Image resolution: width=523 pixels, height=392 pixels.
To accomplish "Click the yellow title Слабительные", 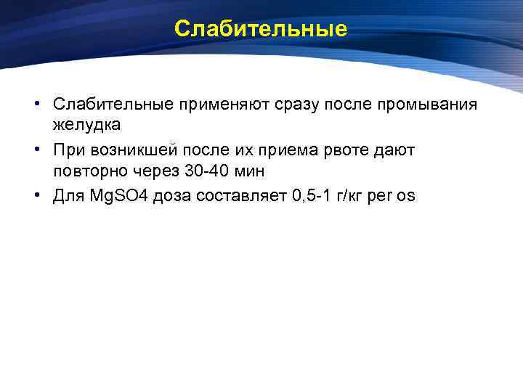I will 261,29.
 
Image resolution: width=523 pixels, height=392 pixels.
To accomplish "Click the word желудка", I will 86,125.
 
